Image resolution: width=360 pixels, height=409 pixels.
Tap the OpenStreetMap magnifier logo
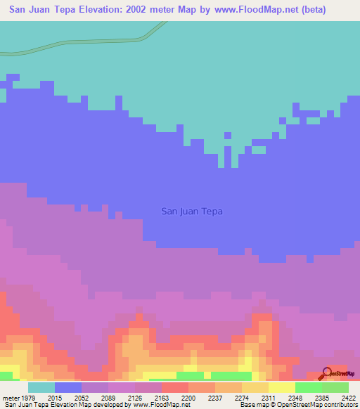(326, 374)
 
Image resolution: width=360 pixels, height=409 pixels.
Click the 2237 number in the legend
(216, 397)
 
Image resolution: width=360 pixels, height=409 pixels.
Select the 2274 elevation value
(242, 397)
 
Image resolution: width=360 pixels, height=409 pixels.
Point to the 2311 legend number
(268, 397)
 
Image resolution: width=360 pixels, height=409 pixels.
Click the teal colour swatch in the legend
(41, 387)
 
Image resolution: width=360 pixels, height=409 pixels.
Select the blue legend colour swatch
(68, 387)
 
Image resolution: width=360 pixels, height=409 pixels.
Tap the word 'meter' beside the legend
(11, 397)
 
